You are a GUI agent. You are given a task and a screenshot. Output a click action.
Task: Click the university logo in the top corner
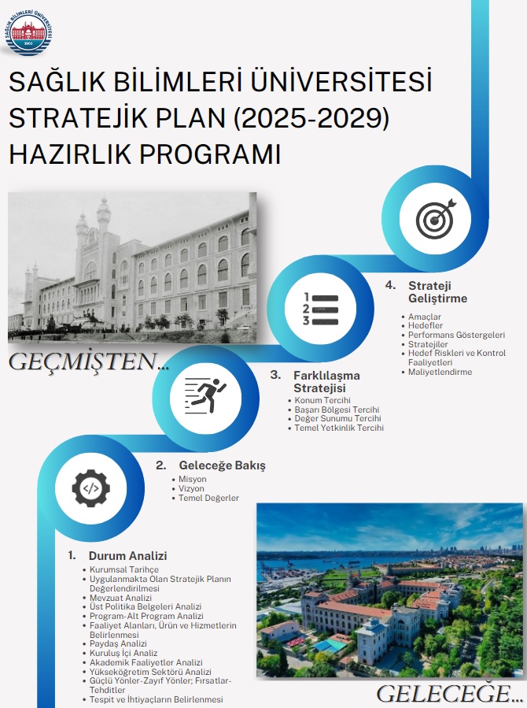coord(30,31)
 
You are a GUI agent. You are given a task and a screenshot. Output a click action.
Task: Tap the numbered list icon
coord(321,310)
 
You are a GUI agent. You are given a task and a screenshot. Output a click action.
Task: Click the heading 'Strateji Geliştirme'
coord(437,291)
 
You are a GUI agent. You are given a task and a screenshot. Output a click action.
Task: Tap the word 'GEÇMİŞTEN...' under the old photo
coord(89,361)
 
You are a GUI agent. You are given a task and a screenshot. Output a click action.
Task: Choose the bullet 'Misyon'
coord(193,479)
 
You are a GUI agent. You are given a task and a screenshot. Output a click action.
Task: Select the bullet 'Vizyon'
coord(192,488)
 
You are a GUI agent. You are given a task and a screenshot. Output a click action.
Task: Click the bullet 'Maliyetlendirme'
coord(440,372)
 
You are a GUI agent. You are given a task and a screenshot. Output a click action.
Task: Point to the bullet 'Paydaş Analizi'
coord(118,643)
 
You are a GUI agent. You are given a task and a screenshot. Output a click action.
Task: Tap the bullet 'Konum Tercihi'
coord(322,400)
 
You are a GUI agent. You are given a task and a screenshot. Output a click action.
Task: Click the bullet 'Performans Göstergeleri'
coord(456,335)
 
